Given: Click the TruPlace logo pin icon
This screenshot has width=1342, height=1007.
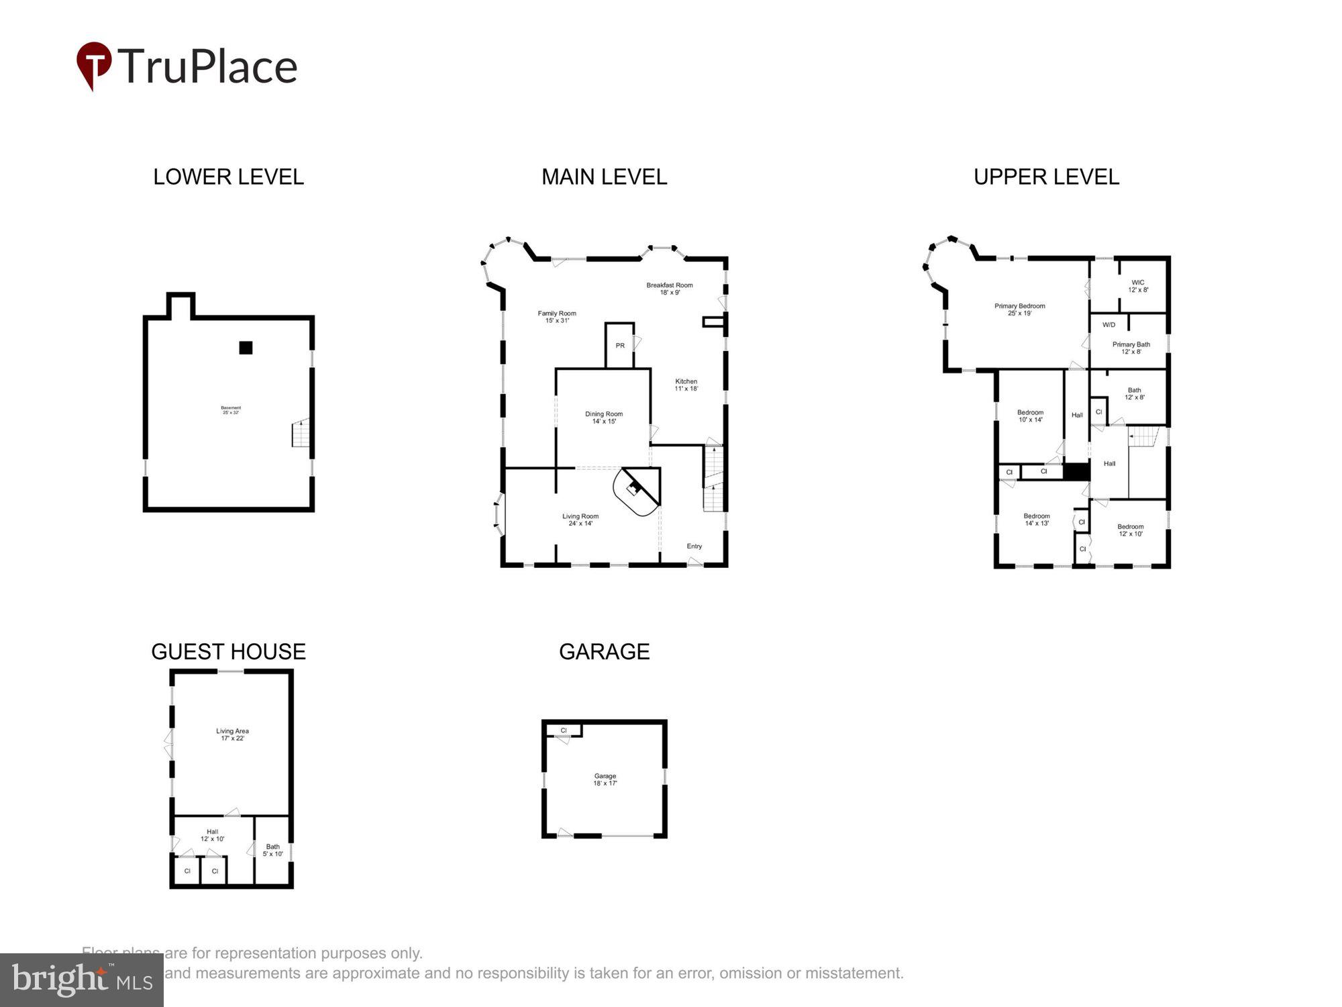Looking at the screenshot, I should [93, 64].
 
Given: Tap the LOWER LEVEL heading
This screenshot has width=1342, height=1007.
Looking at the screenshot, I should [228, 177].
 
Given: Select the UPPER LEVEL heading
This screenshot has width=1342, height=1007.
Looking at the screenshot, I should [1046, 177].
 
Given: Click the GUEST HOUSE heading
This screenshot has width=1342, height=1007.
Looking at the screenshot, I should [228, 651].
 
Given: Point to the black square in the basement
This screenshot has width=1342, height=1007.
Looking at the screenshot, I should [246, 348].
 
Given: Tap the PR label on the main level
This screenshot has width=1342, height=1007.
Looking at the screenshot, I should [620, 346].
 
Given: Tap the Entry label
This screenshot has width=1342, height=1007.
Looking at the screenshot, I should [694, 546].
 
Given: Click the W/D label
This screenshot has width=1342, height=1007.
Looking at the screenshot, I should [1108, 325].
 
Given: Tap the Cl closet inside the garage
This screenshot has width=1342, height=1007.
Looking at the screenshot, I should [564, 730].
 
